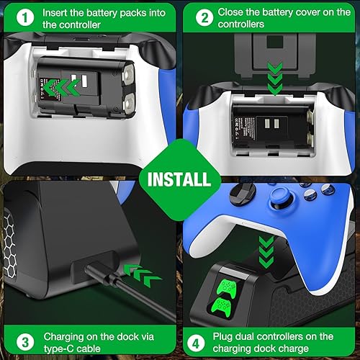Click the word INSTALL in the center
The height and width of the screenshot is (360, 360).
pos(180,177)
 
